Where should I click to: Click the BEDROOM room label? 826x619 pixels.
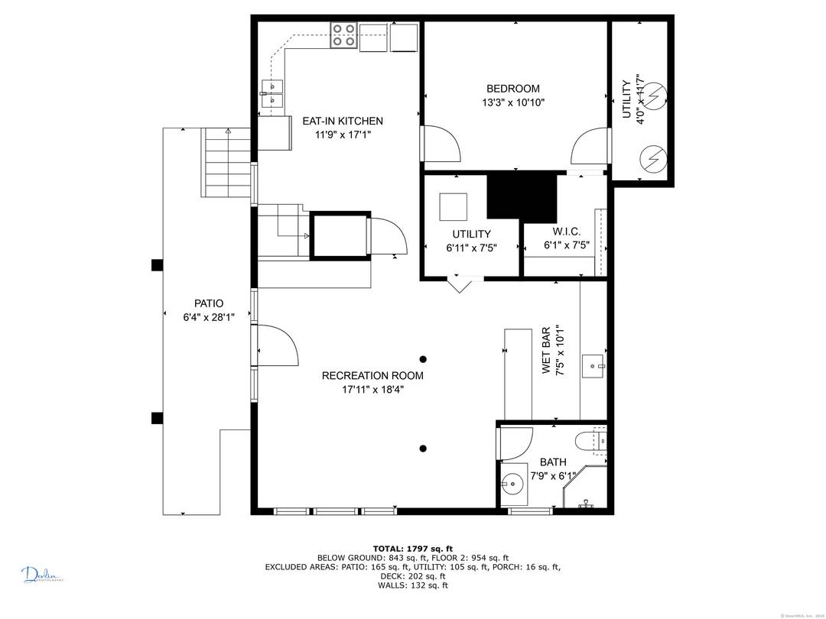coord(512,89)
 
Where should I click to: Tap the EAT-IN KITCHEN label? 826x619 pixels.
coord(343,121)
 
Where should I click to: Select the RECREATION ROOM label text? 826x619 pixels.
coord(372,375)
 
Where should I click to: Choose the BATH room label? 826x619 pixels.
coord(553,462)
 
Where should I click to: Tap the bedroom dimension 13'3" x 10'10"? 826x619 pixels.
coord(512,102)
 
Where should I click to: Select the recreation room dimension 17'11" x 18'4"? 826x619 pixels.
coord(372,389)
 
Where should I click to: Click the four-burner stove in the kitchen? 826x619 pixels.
coord(343,36)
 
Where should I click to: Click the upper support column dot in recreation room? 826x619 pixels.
coord(423,358)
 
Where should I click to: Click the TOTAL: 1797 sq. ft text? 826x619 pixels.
coord(412,548)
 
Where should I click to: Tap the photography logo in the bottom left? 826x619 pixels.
coord(42,575)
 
